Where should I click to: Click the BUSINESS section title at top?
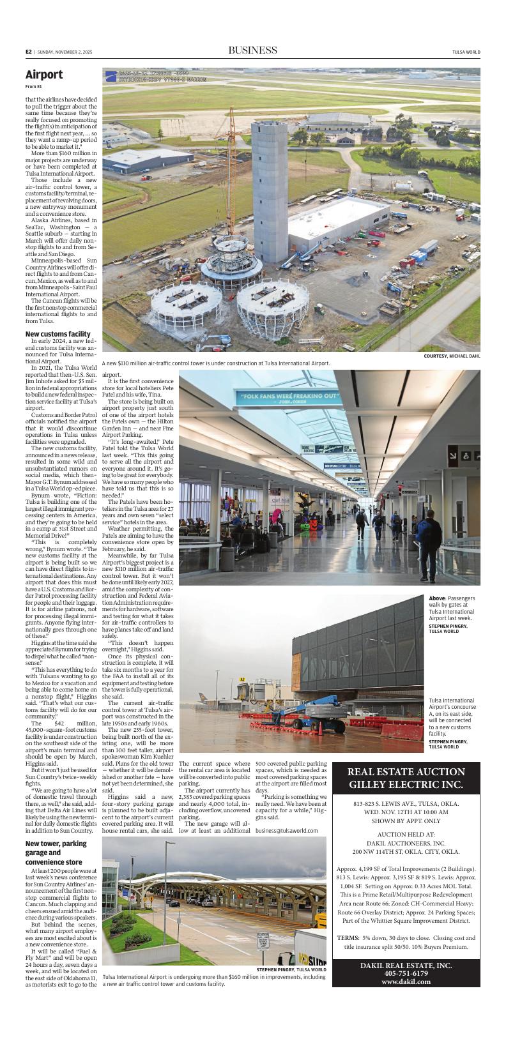point(252,50)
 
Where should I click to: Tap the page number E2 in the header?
point(29,52)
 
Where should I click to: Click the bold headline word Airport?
point(44,75)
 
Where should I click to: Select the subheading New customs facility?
point(57,334)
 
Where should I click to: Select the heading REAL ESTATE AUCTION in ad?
point(406,771)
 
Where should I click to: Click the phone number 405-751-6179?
point(406,973)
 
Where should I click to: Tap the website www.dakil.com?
point(406,982)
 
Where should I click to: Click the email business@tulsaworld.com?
point(286,830)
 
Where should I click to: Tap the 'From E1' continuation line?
point(34,86)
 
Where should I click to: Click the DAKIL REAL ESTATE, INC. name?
point(406,965)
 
